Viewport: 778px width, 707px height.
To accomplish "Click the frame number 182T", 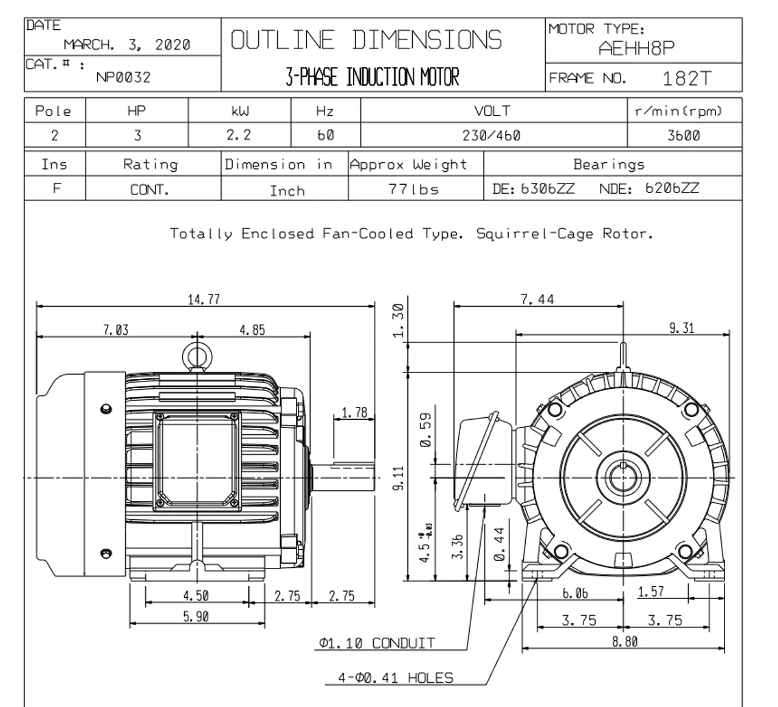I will pos(686,78).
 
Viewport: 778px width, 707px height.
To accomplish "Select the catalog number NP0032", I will pos(123,77).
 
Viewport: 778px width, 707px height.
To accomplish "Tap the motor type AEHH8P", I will pos(636,49).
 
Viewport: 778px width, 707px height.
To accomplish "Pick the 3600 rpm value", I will pos(683,135).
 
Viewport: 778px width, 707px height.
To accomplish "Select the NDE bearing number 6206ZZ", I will pos(672,188).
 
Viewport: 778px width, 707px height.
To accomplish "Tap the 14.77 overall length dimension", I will pos(204,299).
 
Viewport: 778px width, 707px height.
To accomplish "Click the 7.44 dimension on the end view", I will pos(537,299).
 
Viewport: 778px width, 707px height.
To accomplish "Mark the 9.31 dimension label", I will pos(681,328).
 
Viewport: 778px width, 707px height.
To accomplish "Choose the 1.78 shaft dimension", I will pos(354,413).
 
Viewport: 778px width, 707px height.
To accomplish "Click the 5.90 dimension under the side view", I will pos(196,616).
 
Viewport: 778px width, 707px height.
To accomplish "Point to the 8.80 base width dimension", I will pos(624,641).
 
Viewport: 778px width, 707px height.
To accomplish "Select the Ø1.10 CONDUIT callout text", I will pos(377,643).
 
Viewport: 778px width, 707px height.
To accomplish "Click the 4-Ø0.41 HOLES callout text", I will pos(396,678).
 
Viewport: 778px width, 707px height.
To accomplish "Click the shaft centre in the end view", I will pos(622,477).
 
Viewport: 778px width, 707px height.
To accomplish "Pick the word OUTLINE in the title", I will pos(283,41).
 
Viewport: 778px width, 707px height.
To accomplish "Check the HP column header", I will pos(137,111).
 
